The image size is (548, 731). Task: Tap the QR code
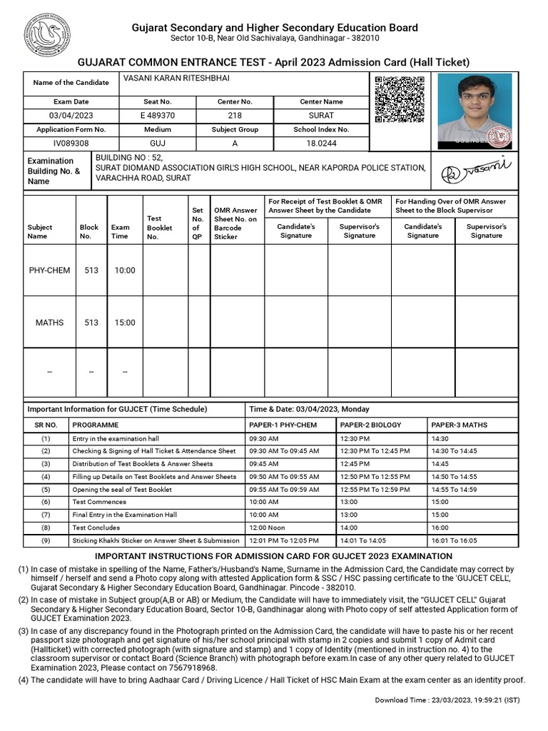pyautogui.click(x=399, y=99)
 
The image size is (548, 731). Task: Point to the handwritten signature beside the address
pyautogui.click(x=484, y=171)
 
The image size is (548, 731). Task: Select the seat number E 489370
pyautogui.click(x=158, y=116)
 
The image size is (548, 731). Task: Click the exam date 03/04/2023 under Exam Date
pyautogui.click(x=71, y=116)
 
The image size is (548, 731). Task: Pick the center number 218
pyautogui.click(x=235, y=116)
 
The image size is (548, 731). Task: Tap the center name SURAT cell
pyautogui.click(x=321, y=116)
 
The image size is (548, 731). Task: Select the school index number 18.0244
pyautogui.click(x=321, y=143)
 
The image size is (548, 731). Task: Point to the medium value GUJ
pyautogui.click(x=158, y=143)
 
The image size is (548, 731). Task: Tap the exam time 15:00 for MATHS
pyautogui.click(x=125, y=323)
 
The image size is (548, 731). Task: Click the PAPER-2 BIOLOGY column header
pyautogui.click(x=371, y=425)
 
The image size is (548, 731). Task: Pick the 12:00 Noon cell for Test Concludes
pyautogui.click(x=265, y=528)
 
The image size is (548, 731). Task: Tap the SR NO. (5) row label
pyautogui.click(x=46, y=490)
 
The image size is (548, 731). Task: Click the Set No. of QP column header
pyautogui.click(x=198, y=223)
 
